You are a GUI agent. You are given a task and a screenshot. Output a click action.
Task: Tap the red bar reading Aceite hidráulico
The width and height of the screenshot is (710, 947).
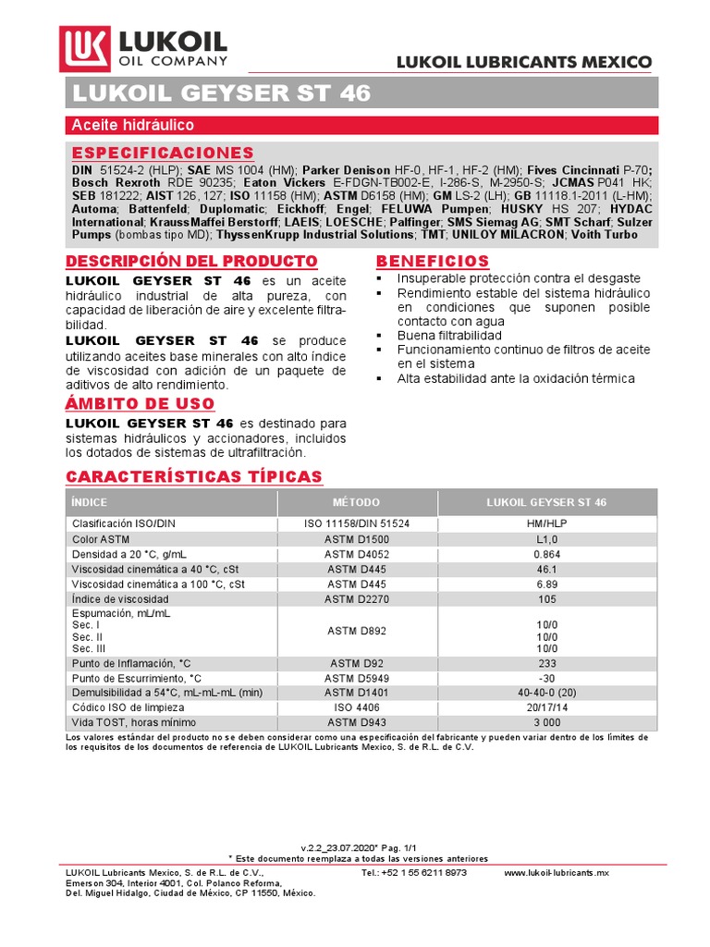click(x=132, y=125)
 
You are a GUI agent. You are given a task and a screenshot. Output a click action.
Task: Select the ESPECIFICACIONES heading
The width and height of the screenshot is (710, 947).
click(x=162, y=152)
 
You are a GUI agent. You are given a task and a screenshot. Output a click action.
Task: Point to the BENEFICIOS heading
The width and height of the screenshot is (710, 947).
click(x=433, y=262)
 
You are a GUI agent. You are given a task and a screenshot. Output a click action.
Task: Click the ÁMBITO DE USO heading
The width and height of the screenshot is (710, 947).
click(x=140, y=404)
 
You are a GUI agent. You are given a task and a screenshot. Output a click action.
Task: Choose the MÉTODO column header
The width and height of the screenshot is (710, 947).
click(x=356, y=502)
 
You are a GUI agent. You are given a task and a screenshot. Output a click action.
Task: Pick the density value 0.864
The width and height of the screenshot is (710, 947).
click(x=546, y=553)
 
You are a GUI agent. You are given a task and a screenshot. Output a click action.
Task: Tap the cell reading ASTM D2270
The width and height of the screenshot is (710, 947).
click(x=356, y=598)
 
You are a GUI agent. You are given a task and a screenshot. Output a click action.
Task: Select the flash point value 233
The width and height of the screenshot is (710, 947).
click(x=546, y=663)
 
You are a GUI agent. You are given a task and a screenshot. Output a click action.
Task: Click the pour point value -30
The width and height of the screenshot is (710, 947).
click(x=546, y=678)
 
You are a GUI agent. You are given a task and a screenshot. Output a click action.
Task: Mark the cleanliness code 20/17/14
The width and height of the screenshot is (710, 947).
click(x=546, y=707)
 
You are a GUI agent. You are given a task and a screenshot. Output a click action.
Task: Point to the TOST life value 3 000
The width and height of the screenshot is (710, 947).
click(x=546, y=722)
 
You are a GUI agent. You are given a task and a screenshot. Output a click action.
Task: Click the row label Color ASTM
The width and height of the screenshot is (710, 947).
click(x=102, y=538)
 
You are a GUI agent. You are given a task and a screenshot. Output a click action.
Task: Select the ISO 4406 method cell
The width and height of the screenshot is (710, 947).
click(x=356, y=707)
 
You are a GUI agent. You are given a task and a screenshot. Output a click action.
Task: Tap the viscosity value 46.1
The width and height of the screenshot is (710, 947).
click(x=546, y=569)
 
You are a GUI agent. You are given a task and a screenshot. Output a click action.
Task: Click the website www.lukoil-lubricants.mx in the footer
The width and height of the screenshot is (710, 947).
click(x=557, y=872)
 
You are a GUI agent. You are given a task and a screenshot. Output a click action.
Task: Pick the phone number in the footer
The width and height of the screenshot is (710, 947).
click(x=414, y=872)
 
